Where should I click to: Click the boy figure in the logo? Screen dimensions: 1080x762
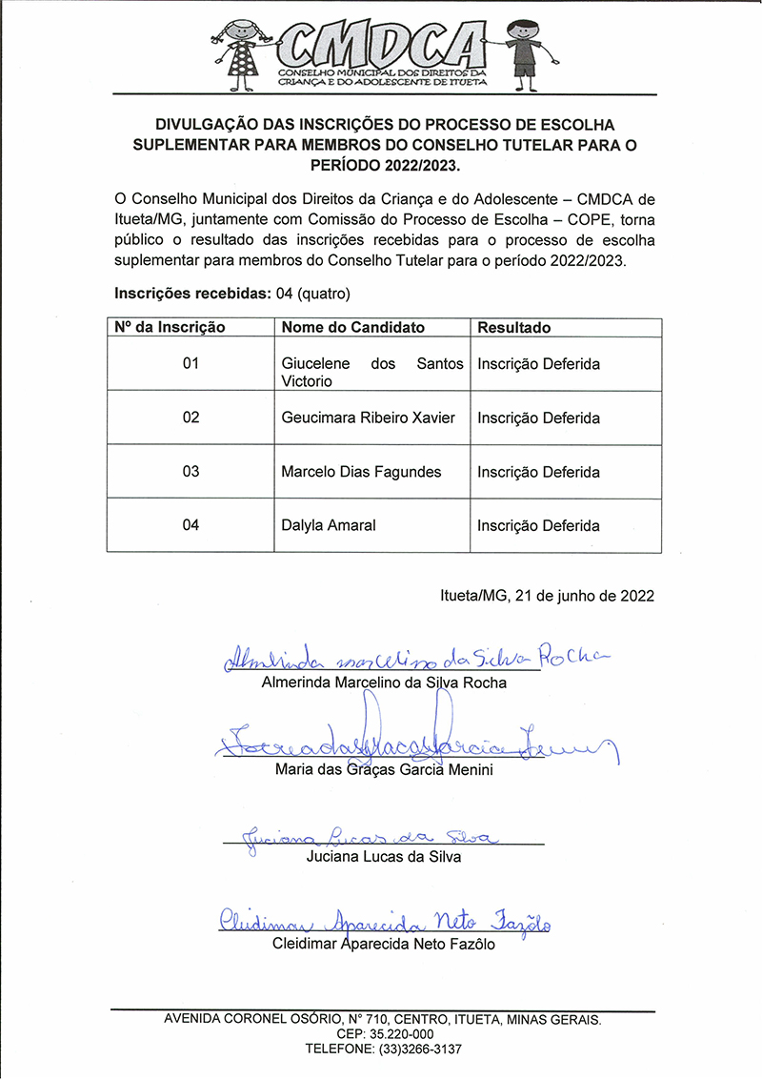point(523,53)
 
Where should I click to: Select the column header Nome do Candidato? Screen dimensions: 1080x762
point(352,327)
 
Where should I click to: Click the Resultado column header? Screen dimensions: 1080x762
point(514,327)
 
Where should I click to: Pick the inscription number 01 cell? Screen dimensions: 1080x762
point(190,364)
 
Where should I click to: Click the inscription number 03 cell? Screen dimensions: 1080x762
point(190,472)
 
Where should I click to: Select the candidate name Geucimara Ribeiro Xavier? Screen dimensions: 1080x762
point(369,418)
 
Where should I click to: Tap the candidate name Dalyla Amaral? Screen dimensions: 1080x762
point(329,525)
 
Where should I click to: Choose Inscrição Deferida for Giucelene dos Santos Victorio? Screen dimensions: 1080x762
point(538,364)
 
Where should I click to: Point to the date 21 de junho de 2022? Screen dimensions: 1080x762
point(584,596)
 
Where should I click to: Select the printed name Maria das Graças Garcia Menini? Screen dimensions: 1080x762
point(383,770)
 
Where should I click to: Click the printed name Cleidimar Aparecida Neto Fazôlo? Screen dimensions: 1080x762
point(383,946)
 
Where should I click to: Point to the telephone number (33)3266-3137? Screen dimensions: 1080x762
point(415,1049)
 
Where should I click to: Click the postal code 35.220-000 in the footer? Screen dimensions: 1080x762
point(400,1034)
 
